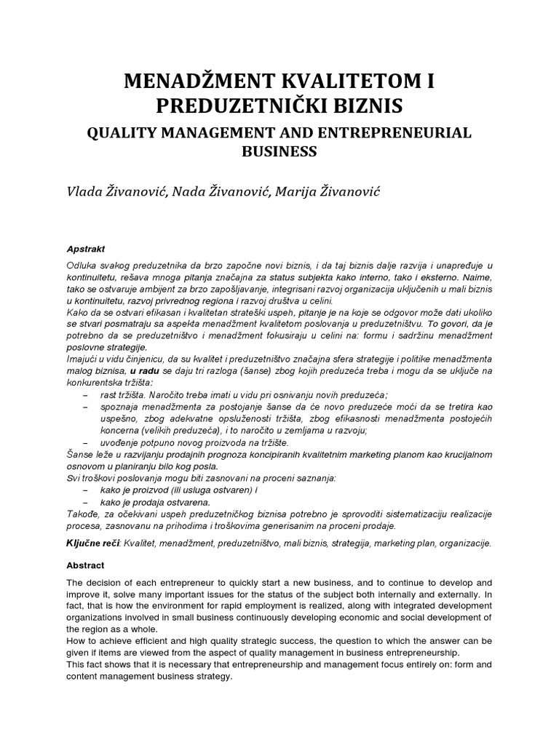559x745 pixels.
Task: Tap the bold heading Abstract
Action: coord(85,565)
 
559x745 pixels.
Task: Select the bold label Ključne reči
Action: coord(94,543)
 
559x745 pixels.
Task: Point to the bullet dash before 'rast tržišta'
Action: coord(86,394)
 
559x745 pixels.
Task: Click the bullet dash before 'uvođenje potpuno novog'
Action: coord(86,442)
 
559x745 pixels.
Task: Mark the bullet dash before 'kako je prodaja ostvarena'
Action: coord(86,502)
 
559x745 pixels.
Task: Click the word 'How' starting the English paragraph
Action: coord(76,641)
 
